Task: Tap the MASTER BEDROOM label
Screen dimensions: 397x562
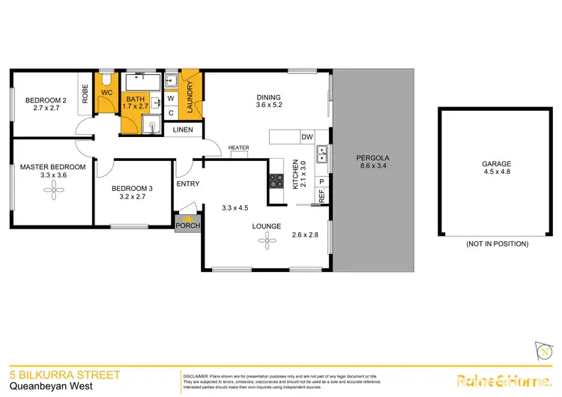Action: tap(52, 166)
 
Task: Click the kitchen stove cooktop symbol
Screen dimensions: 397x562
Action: tap(276, 180)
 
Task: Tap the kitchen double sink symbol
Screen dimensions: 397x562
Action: tap(322, 156)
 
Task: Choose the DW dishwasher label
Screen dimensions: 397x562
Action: tap(307, 137)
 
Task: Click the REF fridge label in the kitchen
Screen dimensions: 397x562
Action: tap(321, 196)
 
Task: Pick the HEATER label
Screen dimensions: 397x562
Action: tap(238, 148)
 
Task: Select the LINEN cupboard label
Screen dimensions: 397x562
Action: tap(184, 130)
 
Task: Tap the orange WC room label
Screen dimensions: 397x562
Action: tap(106, 93)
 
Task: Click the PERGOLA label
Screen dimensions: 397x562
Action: tap(373, 158)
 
